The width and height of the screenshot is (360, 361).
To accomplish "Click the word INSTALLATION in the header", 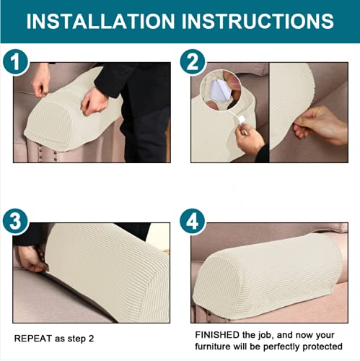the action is (x=100, y=21).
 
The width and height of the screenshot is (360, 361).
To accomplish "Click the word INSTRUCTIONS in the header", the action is (x=258, y=21).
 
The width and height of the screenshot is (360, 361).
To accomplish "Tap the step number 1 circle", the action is (x=16, y=61).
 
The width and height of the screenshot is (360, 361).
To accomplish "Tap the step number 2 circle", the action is (x=193, y=61).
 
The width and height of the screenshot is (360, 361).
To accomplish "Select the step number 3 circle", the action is (x=16, y=221).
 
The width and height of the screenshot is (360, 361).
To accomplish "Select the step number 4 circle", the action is (x=193, y=221).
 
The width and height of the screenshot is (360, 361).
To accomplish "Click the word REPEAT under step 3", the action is (x=33, y=339).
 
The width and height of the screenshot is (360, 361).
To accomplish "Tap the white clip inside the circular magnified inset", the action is (x=219, y=90).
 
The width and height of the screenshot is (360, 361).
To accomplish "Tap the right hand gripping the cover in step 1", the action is (x=94, y=101).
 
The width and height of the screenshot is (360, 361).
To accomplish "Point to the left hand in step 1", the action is (x=41, y=81).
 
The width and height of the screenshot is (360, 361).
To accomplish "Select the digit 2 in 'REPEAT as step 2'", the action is (x=91, y=339).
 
